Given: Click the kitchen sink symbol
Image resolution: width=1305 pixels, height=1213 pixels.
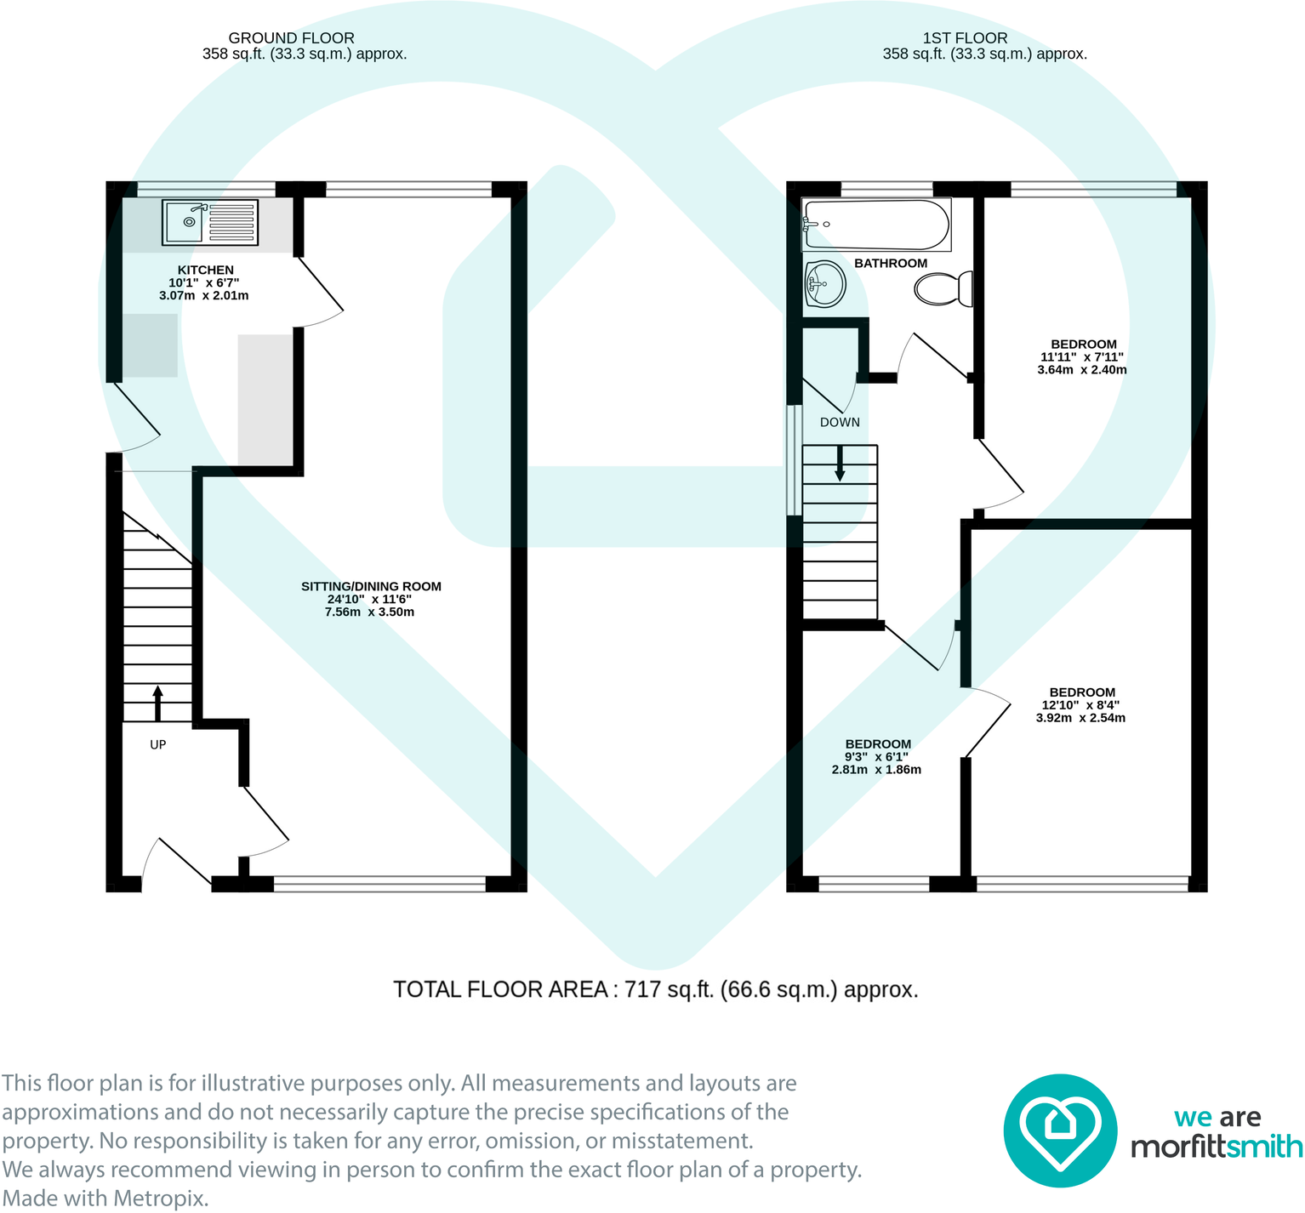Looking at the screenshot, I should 209,223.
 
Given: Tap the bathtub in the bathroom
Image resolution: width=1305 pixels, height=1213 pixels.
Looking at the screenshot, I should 875,225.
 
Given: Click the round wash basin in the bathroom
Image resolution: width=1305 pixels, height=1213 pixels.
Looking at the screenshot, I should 824,283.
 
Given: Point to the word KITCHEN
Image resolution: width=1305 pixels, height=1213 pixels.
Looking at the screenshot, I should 205,270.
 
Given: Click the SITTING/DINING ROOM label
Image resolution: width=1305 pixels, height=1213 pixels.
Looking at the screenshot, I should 371,586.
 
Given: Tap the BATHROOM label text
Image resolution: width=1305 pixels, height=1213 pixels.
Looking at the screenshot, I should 890,263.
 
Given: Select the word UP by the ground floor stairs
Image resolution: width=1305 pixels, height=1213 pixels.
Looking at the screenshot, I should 157,744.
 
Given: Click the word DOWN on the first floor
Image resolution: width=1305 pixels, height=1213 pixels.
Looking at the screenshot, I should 839,422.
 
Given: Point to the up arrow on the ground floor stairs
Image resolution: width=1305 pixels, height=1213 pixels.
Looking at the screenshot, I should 157,703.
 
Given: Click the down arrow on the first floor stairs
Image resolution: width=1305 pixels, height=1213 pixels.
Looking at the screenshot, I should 840,464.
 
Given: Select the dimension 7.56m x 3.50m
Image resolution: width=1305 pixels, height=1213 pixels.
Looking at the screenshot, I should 369,612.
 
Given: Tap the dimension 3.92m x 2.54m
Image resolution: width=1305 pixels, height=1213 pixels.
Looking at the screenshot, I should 1080,717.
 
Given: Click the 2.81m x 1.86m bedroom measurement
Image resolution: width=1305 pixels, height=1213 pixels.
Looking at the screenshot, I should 876,769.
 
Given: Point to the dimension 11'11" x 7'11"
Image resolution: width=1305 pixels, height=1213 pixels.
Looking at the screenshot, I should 1081,357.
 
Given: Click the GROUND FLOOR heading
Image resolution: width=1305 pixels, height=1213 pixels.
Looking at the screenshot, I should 291,38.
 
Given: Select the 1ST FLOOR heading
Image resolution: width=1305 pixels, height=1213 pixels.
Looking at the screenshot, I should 965,38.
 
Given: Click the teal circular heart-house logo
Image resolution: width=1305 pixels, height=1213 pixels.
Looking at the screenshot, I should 1059,1130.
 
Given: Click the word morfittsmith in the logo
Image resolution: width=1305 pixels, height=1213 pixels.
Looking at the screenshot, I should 1216,1147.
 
